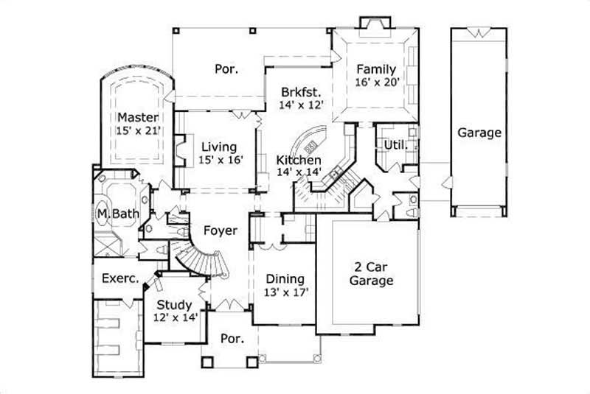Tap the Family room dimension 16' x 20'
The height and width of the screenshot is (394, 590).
point(377,82)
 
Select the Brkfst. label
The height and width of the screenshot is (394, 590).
point(300,92)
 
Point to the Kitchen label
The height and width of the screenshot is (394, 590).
point(298,160)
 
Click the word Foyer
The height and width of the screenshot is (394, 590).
point(221,231)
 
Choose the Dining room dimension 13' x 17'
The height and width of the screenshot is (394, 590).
point(285,292)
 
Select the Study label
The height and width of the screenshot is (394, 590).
point(175,304)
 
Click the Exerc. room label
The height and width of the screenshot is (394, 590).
point(116,279)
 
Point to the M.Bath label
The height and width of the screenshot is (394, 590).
point(117,214)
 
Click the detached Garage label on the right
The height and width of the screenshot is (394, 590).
point(479,133)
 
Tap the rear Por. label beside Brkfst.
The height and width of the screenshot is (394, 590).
point(226,69)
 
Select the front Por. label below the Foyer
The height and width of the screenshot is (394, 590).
point(232,340)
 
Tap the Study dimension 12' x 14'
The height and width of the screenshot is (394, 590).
point(175,317)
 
